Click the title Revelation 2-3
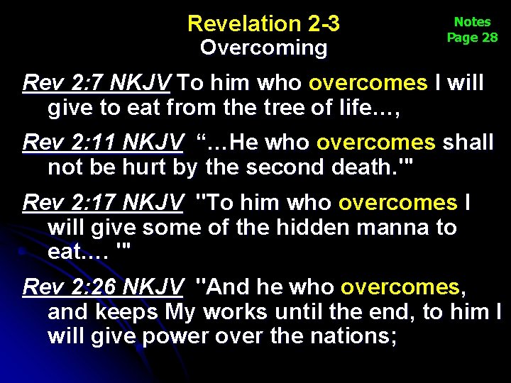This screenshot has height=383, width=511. [x=263, y=24]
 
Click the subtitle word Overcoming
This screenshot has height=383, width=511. [x=263, y=48]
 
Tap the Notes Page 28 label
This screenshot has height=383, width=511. [x=472, y=30]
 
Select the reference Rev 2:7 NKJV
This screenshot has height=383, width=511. [x=96, y=84]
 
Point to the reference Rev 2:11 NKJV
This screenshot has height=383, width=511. [x=102, y=143]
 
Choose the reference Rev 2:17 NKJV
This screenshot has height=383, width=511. [x=102, y=204]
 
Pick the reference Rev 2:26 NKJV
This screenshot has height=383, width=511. [x=102, y=287]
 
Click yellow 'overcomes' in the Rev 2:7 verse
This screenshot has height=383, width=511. [x=368, y=84]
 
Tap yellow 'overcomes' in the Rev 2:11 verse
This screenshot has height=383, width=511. [x=375, y=143]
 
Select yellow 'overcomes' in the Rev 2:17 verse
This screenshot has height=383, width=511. [x=397, y=204]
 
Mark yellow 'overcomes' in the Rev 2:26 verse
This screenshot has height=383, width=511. [x=400, y=287]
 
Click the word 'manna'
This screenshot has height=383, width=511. [x=414, y=228]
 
